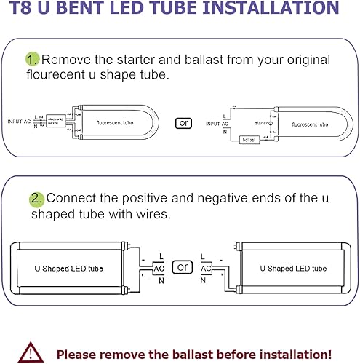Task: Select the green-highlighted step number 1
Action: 32,58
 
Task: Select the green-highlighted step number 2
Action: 36,199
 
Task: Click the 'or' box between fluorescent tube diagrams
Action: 184,122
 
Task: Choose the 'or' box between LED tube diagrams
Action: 182,266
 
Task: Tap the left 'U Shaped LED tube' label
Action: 68,269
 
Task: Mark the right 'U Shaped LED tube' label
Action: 293,269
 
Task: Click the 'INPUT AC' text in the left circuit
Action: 20,122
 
